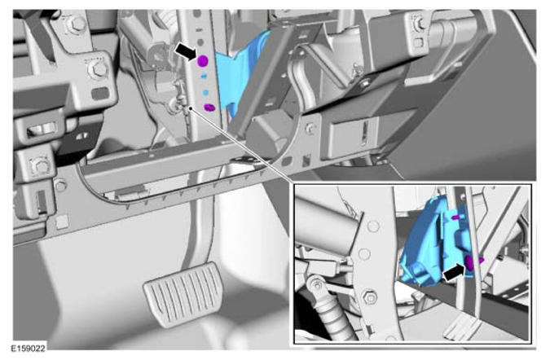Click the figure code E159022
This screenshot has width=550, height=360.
[x=28, y=349]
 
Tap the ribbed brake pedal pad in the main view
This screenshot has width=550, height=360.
[x=182, y=294]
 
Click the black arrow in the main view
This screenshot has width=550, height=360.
[x=187, y=51]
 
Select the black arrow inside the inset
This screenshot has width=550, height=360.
[x=455, y=273]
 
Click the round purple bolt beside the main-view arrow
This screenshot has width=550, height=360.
[x=203, y=61]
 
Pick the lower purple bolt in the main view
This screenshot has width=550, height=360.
[x=209, y=108]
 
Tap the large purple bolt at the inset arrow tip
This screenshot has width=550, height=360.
[x=470, y=262]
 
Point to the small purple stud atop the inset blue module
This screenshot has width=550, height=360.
[x=456, y=217]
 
